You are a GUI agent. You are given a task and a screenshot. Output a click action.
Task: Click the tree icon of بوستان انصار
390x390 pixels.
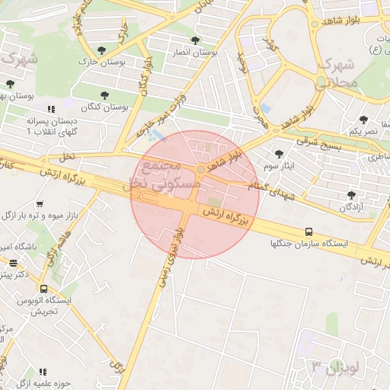tap(196, 40)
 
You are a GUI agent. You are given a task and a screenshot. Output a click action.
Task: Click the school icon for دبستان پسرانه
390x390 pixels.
tap(51, 109)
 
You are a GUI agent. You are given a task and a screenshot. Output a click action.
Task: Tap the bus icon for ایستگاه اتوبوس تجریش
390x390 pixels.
tap(43, 289)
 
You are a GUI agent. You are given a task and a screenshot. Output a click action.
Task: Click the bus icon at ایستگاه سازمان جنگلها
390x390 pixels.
tap(308, 232)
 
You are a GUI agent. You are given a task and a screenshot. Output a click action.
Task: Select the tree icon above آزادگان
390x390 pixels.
tap(351, 195)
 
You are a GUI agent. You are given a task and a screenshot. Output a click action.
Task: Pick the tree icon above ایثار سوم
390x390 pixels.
tap(280, 154)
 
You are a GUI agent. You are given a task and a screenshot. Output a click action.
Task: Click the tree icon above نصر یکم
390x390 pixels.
tap(363, 120)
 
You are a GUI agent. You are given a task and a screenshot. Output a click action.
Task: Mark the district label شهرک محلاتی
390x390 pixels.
tap(335, 71)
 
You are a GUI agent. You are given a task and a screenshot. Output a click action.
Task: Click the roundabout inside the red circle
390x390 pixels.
tap(200, 169)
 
